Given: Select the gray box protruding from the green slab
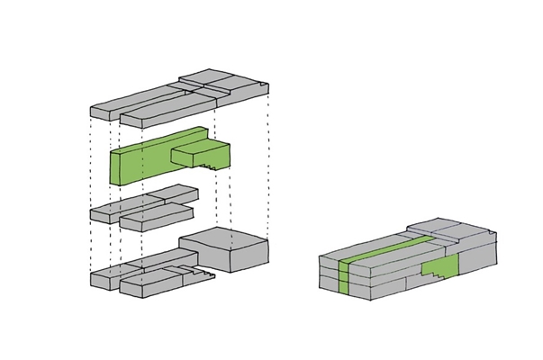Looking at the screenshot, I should click(x=203, y=154).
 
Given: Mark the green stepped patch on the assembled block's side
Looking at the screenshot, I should click(x=441, y=268).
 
